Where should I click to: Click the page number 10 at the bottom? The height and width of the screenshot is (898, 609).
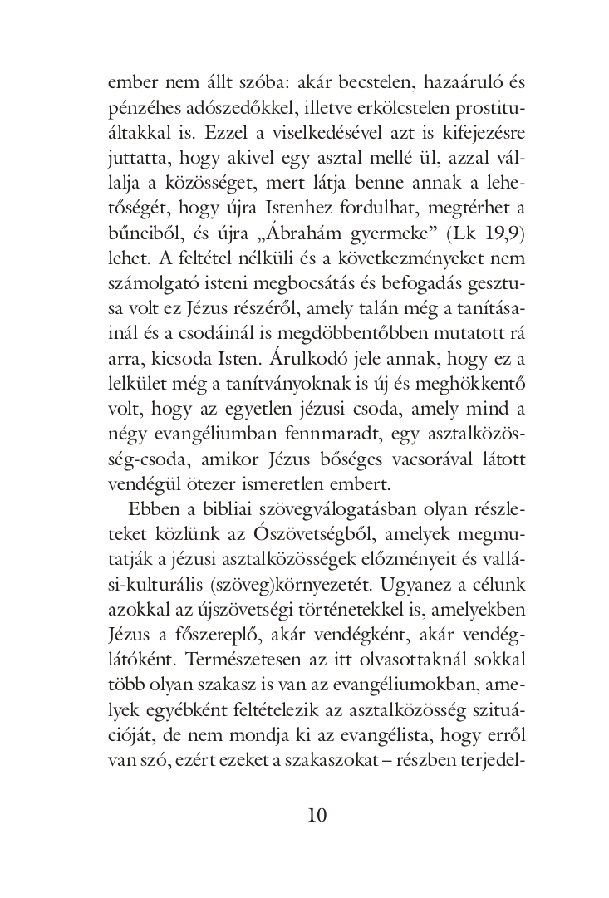(x=317, y=814)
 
